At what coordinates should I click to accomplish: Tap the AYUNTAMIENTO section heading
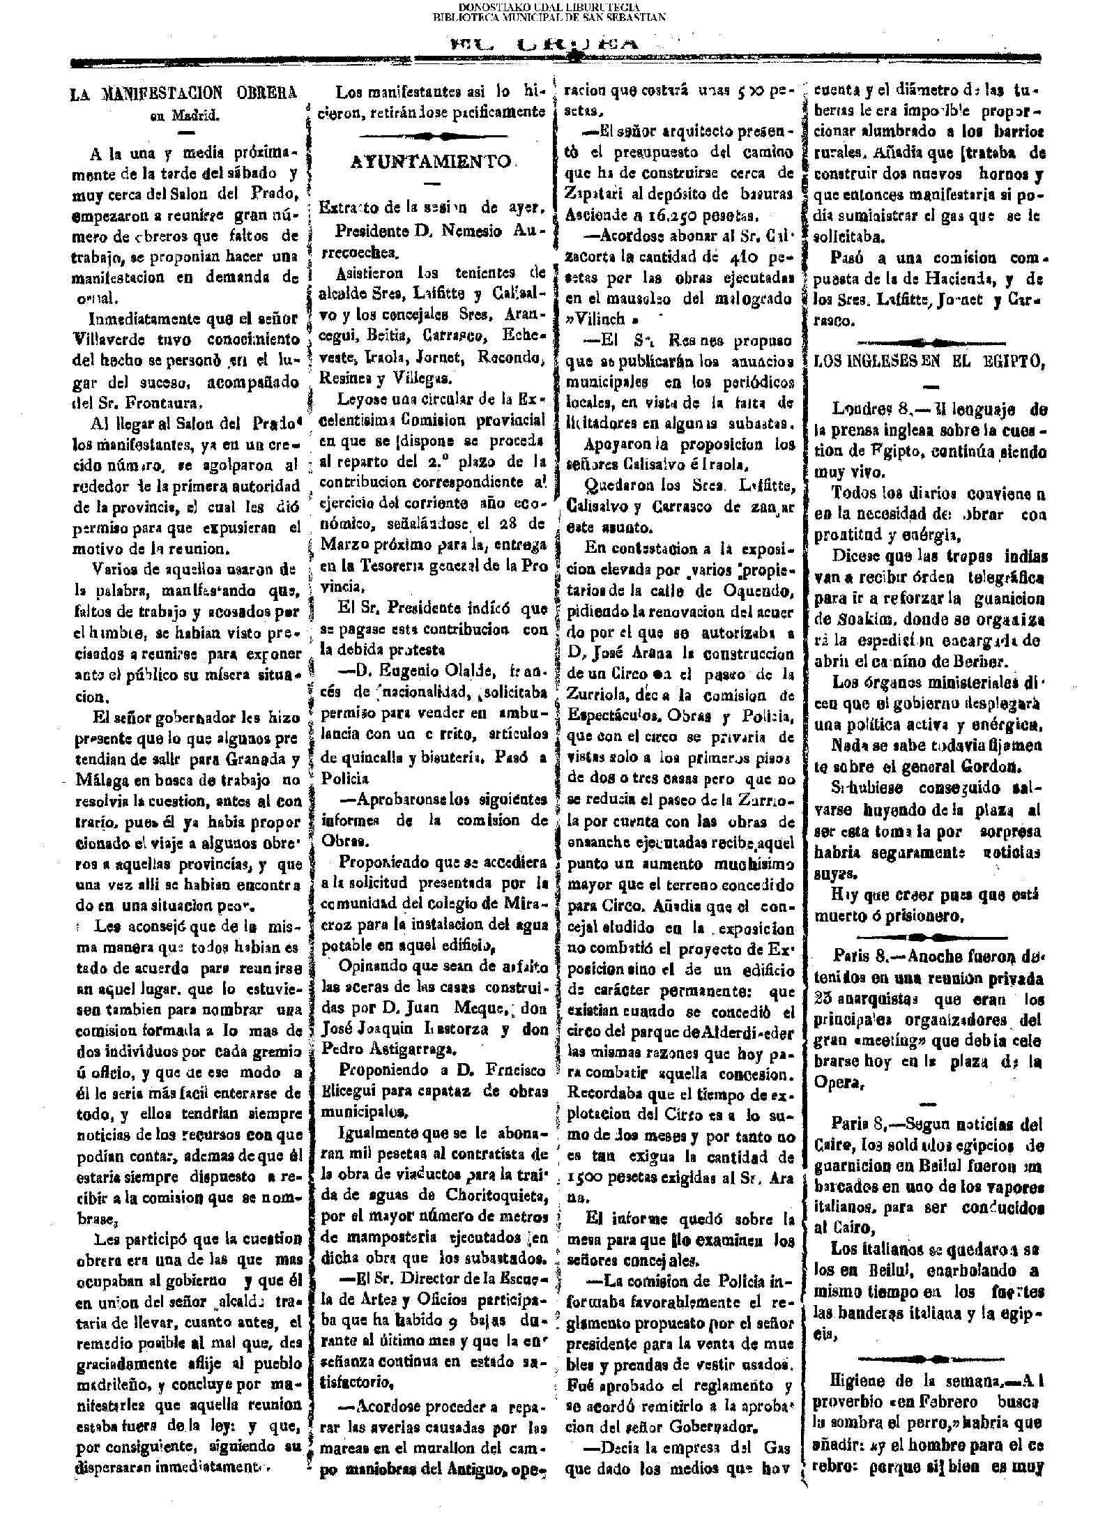pyautogui.click(x=430, y=161)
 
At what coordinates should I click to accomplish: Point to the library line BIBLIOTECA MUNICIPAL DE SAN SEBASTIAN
pyautogui.click(x=549, y=17)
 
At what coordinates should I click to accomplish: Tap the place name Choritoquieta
pyautogui.click(x=496, y=1198)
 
